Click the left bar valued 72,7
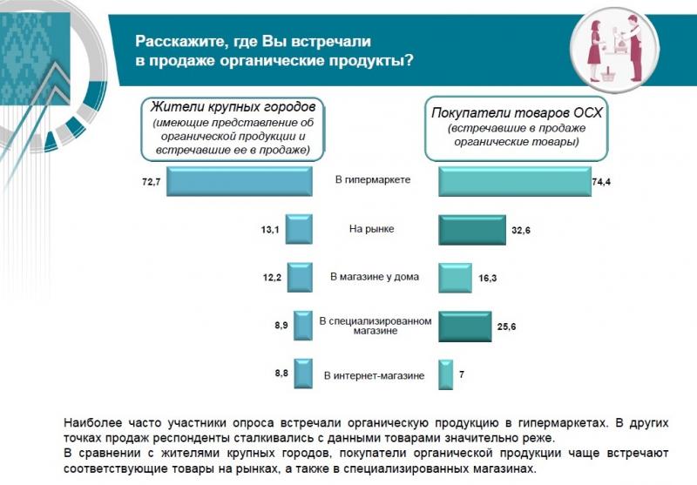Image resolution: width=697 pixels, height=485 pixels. [240, 181]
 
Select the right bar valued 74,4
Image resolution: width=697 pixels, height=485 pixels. [514, 181]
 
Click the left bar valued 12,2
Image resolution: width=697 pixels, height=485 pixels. [300, 278]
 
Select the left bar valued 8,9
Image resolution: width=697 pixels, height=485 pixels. [303, 325]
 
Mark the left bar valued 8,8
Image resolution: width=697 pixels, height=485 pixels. [303, 374]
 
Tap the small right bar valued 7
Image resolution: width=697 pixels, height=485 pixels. [444, 374]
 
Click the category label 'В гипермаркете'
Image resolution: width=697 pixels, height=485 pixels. [373, 180]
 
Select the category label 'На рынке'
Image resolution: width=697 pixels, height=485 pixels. [372, 229]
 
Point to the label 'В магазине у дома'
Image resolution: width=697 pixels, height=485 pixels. [374, 278]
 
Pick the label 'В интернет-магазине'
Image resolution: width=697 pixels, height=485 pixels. [374, 375]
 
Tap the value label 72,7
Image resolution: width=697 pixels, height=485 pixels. [144, 181]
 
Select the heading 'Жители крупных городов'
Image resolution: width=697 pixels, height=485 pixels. [232, 109]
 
